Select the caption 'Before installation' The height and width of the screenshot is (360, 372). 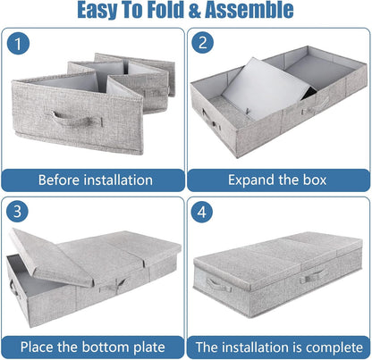pyautogui.click(x=94, y=180)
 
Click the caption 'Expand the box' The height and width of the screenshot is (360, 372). pyautogui.click(x=278, y=180)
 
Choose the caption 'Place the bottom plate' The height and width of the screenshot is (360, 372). pyautogui.click(x=94, y=346)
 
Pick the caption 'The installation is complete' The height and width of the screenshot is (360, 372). pyautogui.click(x=278, y=346)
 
